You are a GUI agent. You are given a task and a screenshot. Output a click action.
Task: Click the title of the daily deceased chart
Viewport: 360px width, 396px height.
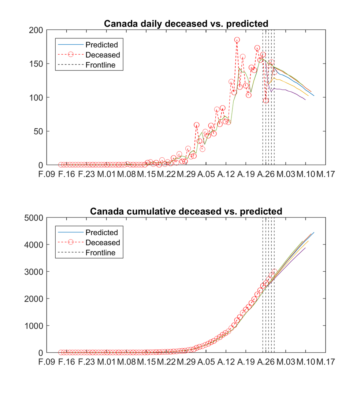[x=186, y=24]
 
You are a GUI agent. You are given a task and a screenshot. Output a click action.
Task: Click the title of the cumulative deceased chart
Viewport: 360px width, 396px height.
[x=186, y=212]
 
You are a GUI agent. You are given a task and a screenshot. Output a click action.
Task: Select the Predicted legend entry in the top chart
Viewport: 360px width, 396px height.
[x=101, y=45]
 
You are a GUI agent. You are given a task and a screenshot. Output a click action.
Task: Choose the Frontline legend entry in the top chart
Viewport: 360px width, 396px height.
[x=100, y=65]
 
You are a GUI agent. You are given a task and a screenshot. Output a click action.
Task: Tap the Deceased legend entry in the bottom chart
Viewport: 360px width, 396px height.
[x=103, y=243]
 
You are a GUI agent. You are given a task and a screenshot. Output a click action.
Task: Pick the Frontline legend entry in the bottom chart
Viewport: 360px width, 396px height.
[x=100, y=253]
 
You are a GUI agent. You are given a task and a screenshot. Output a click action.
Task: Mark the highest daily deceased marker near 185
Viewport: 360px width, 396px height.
[x=237, y=40]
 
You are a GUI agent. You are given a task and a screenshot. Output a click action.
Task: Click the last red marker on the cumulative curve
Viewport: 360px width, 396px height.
[x=274, y=272]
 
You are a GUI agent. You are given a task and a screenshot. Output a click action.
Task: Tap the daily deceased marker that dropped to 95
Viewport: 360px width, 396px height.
[x=266, y=100]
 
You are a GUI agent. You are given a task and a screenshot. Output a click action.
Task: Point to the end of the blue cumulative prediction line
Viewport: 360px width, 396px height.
[x=314, y=232]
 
